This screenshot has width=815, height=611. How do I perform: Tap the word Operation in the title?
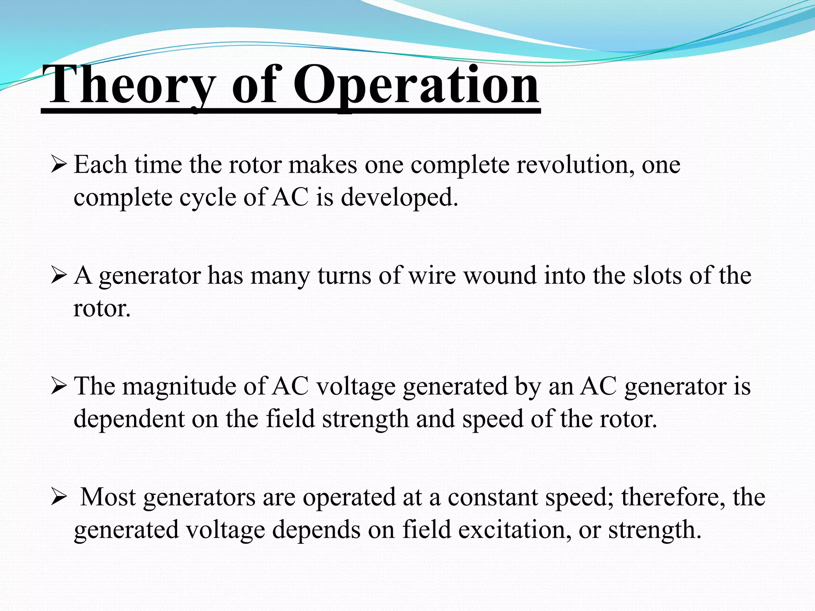click(x=416, y=86)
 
